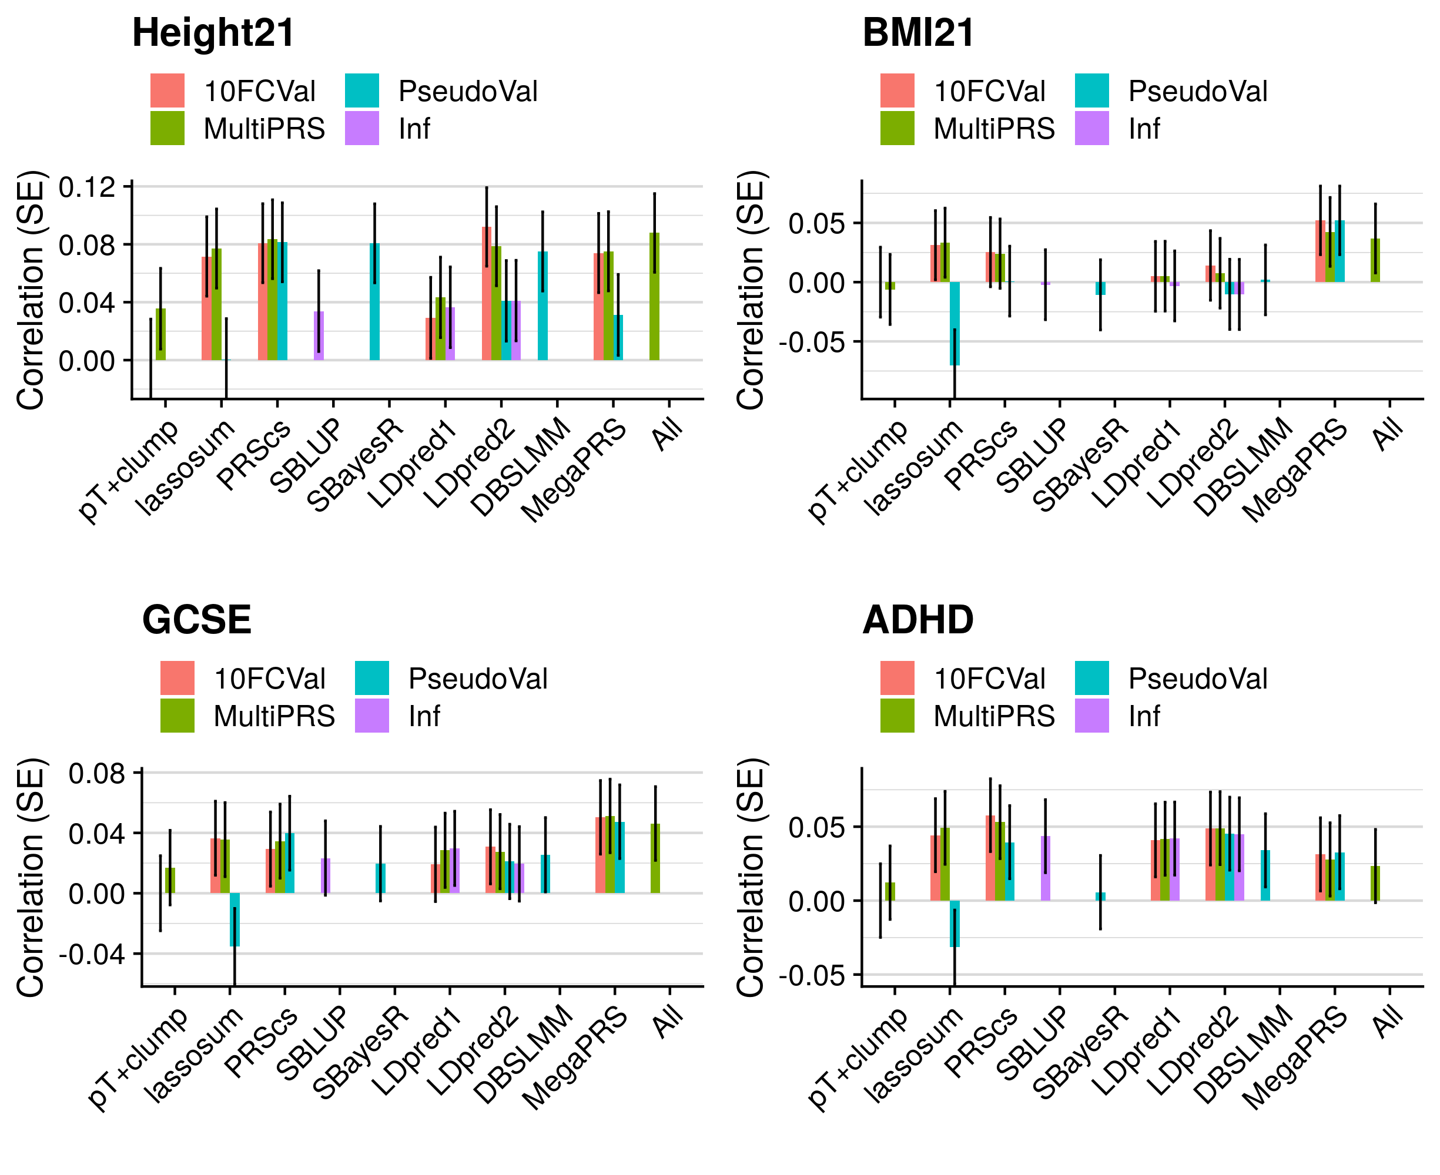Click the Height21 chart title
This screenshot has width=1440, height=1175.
click(213, 32)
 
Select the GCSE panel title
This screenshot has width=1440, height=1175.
click(196, 619)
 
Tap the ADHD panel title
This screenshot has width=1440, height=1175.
click(917, 619)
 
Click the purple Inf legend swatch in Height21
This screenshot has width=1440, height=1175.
click(361, 128)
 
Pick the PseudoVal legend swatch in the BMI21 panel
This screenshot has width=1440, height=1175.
click(1091, 90)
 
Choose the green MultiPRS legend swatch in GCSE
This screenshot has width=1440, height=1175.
click(178, 716)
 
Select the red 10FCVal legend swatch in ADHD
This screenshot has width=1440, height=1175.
click(897, 678)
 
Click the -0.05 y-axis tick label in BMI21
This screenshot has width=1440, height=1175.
click(811, 343)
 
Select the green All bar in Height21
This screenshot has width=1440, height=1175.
click(654, 297)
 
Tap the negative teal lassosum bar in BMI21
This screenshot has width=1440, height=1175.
click(954, 324)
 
